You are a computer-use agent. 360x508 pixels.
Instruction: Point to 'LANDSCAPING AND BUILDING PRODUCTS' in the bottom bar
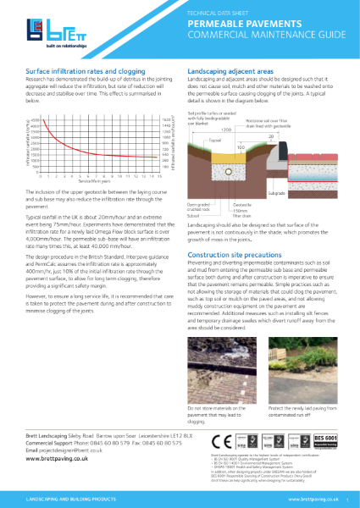67,500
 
